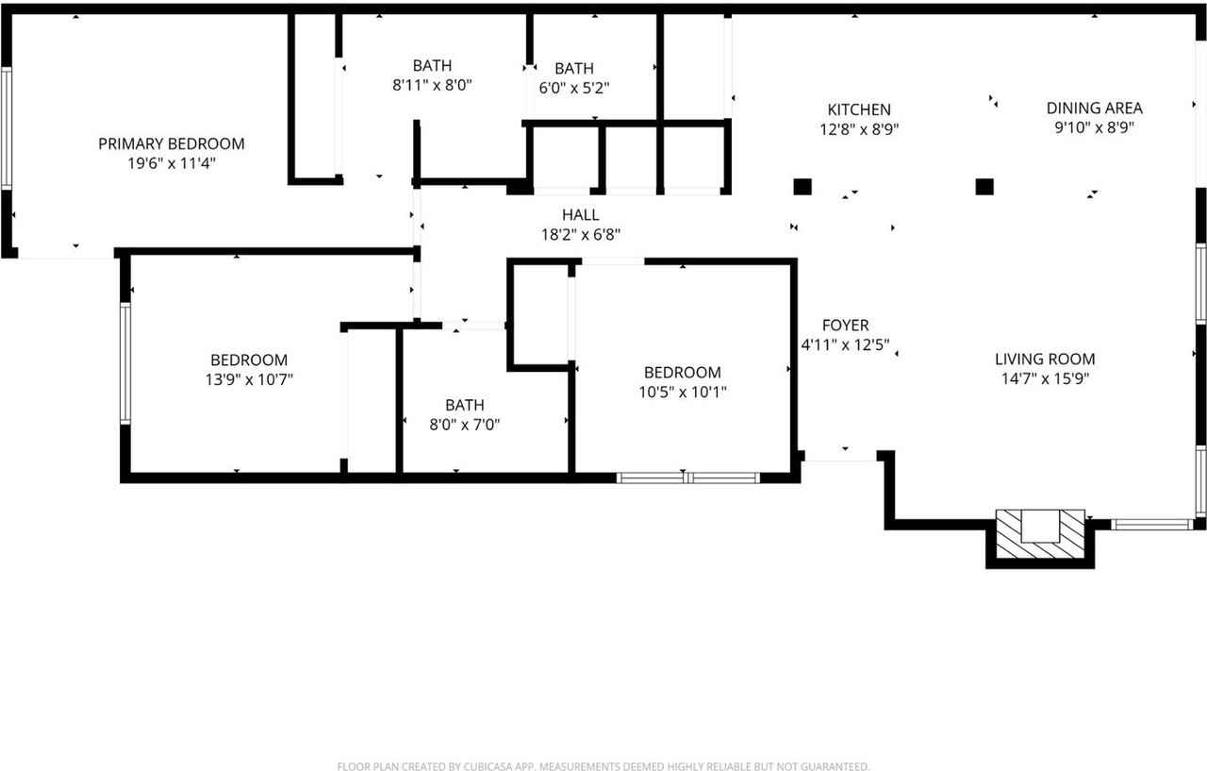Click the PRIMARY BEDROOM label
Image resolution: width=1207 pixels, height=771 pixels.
click(171, 143)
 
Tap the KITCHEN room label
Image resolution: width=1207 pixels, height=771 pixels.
click(858, 109)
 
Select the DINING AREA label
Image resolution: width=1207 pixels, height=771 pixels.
click(1094, 108)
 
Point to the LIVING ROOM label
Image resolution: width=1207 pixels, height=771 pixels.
click(1045, 359)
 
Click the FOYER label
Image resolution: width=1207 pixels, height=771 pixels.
click(845, 326)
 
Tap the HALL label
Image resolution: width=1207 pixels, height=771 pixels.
click(580, 215)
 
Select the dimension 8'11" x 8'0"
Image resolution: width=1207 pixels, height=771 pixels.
click(432, 84)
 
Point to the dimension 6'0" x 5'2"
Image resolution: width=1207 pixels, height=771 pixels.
click(573, 88)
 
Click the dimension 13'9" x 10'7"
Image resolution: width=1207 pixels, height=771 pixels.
click(249, 379)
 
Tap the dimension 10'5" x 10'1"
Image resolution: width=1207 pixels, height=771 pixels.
click(682, 392)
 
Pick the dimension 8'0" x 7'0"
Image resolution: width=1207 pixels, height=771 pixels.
click(464, 425)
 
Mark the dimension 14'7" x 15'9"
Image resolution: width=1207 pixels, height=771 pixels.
click(1045, 378)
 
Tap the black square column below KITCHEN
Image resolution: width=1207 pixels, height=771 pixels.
click(802, 186)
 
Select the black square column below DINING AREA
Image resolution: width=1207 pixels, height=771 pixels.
click(984, 186)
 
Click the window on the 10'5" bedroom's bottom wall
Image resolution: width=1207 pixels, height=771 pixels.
click(687, 478)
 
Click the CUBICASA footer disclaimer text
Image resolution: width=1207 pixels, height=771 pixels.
click(603, 766)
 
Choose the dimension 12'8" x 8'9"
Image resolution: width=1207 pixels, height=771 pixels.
click(858, 129)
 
